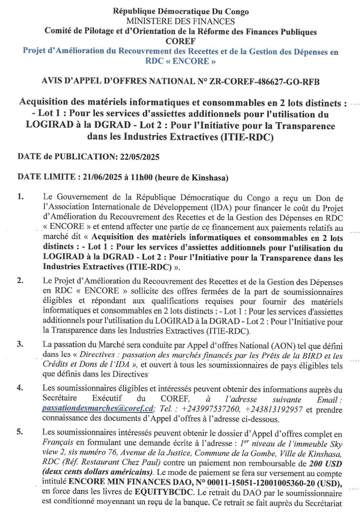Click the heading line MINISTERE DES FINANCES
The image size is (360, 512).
pos(180,21)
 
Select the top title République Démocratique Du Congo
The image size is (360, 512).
pos(180,11)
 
